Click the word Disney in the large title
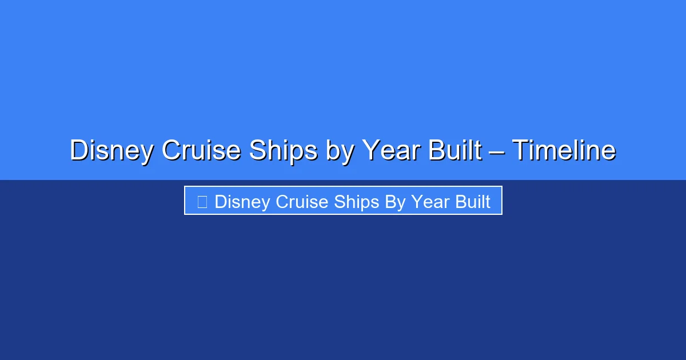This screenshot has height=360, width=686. [111, 151]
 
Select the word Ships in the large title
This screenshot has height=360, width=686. [284, 151]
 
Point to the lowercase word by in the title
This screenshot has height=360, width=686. [340, 151]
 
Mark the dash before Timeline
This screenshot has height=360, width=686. [497, 152]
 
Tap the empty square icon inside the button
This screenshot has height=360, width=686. [202, 202]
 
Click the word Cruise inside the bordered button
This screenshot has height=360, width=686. [302, 202]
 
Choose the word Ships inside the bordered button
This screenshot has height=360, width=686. [357, 202]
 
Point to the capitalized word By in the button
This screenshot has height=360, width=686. [395, 202]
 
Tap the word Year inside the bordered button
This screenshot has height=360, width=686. [430, 202]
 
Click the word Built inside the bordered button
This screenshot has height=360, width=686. [473, 202]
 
